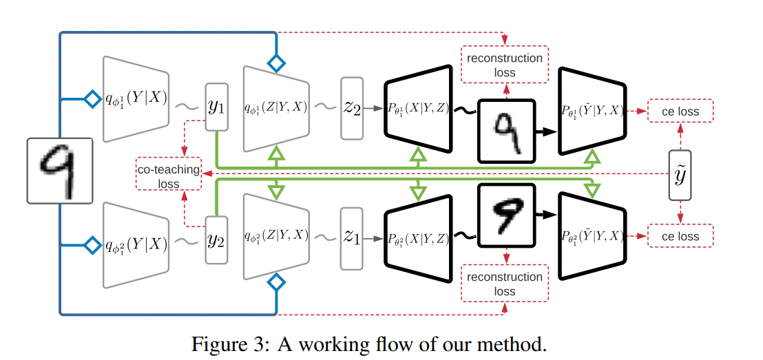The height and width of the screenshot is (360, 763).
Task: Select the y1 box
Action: (216, 107)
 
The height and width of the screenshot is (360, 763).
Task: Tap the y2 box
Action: (216, 240)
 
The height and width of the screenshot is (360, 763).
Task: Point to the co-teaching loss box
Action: (169, 176)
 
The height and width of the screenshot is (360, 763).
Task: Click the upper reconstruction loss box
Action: (505, 65)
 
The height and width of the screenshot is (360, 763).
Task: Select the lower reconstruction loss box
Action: (505, 284)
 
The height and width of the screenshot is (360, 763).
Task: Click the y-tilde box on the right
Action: (680, 176)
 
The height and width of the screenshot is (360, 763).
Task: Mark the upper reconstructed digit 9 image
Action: (506, 130)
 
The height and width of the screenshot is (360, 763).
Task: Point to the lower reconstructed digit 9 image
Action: (506, 217)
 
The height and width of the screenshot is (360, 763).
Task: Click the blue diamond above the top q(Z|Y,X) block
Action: (276, 63)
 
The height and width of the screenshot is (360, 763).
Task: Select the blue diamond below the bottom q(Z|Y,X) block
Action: (276, 282)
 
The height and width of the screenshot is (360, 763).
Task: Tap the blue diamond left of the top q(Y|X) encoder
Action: (91, 99)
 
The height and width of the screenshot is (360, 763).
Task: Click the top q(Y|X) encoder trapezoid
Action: (136, 99)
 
